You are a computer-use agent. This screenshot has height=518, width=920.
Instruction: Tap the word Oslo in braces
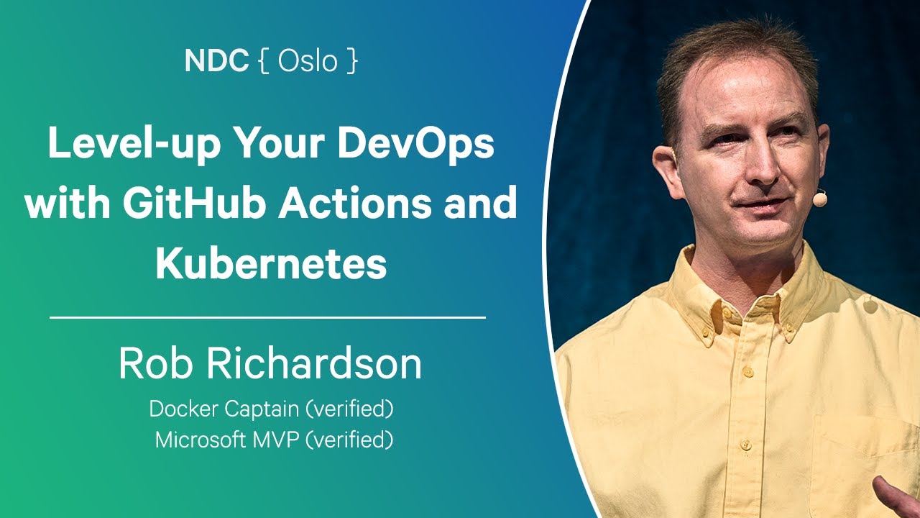pyautogui.click(x=308, y=61)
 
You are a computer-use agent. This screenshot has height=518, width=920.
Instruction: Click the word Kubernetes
pyautogui.click(x=271, y=264)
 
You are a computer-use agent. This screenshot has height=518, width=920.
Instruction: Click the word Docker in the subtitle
pyautogui.click(x=183, y=409)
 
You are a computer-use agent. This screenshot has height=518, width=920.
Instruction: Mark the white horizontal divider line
pyautogui.click(x=267, y=317)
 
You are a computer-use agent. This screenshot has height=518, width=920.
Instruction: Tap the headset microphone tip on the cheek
pyautogui.click(x=819, y=197)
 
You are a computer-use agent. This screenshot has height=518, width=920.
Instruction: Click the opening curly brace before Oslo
pyautogui.click(x=263, y=61)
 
